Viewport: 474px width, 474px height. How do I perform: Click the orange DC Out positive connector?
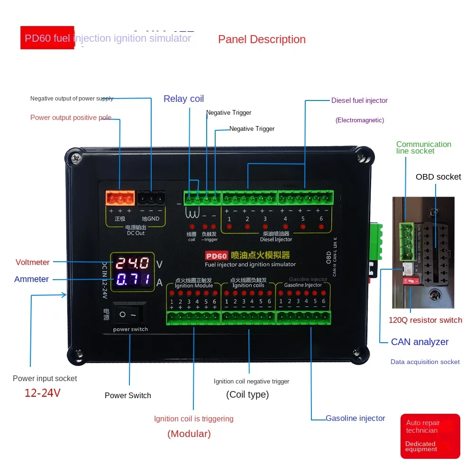pos(119,198)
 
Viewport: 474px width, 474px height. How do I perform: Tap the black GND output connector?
pos(152,198)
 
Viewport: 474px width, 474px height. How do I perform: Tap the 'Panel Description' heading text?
pos(262,39)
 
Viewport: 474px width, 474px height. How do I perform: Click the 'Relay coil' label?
pos(183,99)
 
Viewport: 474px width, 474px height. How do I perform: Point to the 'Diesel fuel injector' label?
pos(359,100)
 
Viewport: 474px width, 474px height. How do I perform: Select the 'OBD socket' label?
pos(438,177)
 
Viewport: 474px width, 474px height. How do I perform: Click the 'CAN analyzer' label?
pos(419,342)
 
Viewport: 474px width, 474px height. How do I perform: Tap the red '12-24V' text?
pos(42,393)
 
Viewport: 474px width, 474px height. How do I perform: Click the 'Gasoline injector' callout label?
pos(355,418)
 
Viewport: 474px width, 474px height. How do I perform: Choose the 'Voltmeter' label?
pos(32,262)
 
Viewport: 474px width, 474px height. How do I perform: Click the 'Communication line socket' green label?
pos(423,147)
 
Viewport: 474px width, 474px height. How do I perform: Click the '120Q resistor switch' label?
pos(425,320)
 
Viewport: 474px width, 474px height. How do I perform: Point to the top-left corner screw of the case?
pos(75,155)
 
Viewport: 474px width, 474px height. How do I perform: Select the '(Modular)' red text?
pos(189,434)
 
